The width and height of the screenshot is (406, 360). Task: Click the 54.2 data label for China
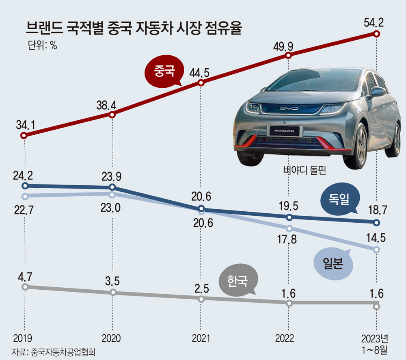pos(376,21)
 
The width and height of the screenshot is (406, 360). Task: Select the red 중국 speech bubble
pos(164,72)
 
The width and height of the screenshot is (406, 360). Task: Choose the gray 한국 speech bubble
pos(237,281)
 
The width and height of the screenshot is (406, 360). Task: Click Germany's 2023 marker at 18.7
pos(376,223)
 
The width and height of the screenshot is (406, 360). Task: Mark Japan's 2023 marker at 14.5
pos(376,249)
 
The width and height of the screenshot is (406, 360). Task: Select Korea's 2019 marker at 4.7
pos(25,287)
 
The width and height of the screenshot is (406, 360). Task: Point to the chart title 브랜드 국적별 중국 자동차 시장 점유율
pos(134,30)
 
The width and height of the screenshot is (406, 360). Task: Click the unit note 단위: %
pos(43,46)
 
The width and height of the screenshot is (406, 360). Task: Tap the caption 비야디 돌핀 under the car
pos(305,171)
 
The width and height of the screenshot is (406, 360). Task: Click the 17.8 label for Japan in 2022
pos(288,240)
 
